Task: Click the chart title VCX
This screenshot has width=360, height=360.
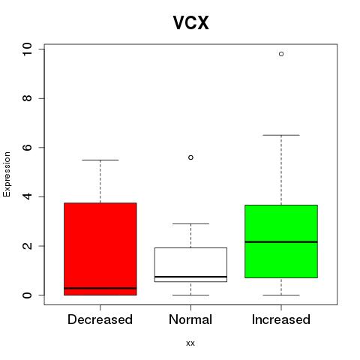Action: point(190,22)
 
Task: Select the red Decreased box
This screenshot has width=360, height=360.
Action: point(100,249)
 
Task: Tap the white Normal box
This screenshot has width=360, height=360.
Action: point(190,265)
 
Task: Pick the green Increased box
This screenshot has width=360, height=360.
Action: point(281,241)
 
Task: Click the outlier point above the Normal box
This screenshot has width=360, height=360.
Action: point(190,157)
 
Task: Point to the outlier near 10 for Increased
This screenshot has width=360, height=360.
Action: point(281,54)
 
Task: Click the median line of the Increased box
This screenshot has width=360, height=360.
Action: point(281,242)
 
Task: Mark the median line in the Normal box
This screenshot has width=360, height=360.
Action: point(190,277)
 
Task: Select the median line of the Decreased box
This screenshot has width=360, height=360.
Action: point(100,288)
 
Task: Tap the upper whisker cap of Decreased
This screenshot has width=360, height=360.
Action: point(100,160)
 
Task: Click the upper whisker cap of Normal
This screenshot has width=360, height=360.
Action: point(190,223)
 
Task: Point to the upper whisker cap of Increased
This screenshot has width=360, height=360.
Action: point(281,135)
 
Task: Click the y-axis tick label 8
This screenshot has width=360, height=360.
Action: point(27,98)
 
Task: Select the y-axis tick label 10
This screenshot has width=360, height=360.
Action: point(27,49)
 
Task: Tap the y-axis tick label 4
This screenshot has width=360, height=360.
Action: point(27,196)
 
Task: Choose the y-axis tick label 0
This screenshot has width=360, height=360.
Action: point(27,295)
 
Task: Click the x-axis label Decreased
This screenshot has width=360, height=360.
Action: point(100,319)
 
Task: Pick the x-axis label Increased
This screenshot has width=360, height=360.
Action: point(281,319)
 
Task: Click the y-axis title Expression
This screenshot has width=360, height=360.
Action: point(7,174)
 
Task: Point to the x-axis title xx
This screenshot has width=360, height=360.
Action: point(190,343)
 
